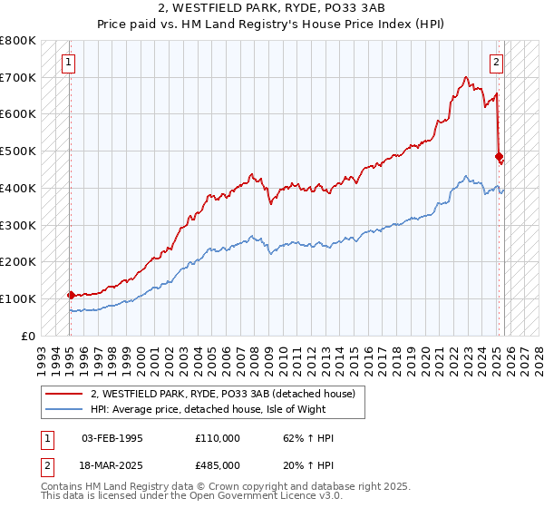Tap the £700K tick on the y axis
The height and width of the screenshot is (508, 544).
18,78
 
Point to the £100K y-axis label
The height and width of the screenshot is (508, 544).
18,298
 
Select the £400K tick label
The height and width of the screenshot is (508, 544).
18,189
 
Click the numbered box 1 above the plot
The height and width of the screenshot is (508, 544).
70,63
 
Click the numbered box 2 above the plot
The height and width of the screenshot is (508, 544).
497,63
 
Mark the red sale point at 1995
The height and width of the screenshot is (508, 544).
71,295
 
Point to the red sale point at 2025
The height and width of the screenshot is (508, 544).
499,156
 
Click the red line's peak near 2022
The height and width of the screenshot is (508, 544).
465,78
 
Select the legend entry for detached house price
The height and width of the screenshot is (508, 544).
227,394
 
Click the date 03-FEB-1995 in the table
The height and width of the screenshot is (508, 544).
112,438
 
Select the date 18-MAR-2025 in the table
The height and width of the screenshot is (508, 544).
112,464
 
